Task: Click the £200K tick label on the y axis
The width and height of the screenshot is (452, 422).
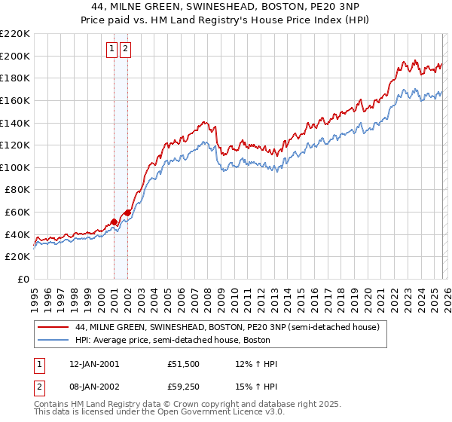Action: pyautogui.click(x=15, y=56)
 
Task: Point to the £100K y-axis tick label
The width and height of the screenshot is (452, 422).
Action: pyautogui.click(x=15, y=167)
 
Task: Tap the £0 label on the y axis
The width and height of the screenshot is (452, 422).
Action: pyautogui.click(x=23, y=280)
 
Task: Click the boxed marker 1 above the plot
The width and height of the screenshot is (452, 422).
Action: pyautogui.click(x=111, y=50)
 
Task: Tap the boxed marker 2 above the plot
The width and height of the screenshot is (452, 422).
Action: pyautogui.click(x=125, y=50)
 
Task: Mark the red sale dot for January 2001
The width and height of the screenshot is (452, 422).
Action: pyautogui.click(x=115, y=222)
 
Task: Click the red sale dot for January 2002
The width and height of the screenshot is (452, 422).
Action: pyautogui.click(x=127, y=213)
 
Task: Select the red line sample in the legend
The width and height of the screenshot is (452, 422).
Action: pyautogui.click(x=53, y=327)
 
